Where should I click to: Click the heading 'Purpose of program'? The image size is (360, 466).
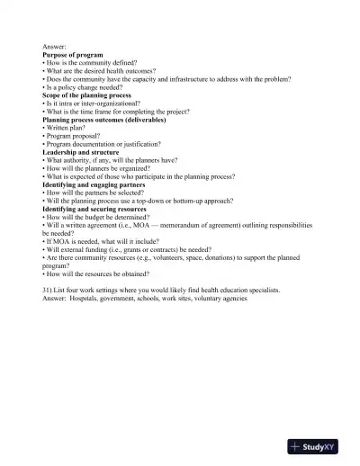coord(73,54)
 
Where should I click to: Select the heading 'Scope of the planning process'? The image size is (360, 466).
coord(86,94)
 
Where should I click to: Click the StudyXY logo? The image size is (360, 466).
coord(319,447)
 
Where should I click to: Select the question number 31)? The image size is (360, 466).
coord(49,290)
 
